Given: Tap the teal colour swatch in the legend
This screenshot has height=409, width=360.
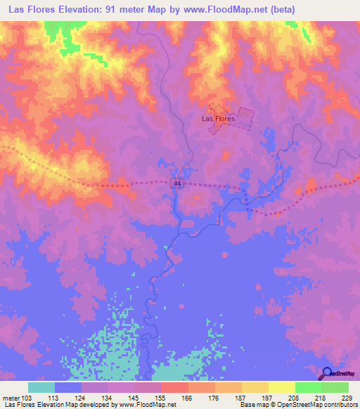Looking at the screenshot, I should pyautogui.click(x=41, y=387).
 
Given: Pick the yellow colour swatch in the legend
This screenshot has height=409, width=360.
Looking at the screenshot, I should pyautogui.click(x=281, y=387).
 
